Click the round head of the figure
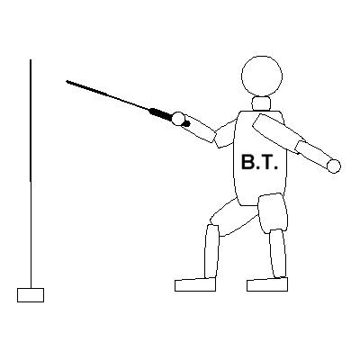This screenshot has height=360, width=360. [262, 76]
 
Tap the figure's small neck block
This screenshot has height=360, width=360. [261, 103]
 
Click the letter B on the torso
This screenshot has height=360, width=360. [247, 162]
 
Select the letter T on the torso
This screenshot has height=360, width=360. [266, 162]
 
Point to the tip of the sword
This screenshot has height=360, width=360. [67, 81]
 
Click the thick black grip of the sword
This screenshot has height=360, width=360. [160, 114]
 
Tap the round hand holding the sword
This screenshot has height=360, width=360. [178, 119]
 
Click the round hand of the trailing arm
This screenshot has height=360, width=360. [334, 166]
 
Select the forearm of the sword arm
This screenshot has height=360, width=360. [199, 128]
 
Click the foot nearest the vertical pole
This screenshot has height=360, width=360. [195, 284]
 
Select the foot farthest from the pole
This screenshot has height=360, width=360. [267, 284]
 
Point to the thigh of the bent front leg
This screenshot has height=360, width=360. [233, 217]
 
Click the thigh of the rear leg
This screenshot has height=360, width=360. [273, 213]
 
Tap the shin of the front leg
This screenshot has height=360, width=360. [211, 251]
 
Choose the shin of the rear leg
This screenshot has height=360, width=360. [278, 254]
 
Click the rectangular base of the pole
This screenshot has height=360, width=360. [31, 295]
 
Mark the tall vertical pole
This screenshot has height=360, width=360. [31, 174]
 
